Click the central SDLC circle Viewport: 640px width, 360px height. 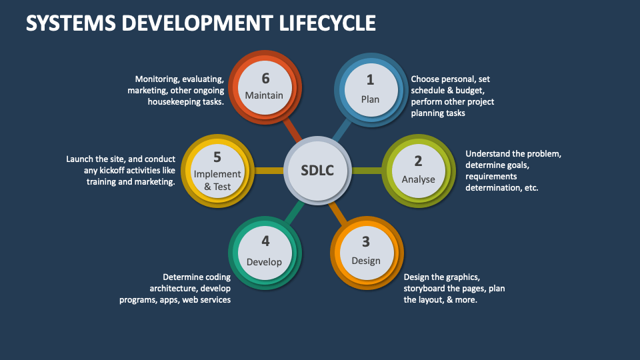pos(317,171)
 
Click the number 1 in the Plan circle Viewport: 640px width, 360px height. pos(370,80)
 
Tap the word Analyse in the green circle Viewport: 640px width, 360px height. pos(418,179)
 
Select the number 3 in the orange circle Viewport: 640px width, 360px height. pos(365,242)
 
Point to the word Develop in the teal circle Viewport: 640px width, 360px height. pos(265,261)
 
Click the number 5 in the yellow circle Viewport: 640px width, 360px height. pos(217,157)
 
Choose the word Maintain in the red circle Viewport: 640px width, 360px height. pos(264,95)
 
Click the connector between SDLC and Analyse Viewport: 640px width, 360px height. pos(366,171)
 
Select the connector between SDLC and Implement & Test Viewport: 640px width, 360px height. pos(269,171)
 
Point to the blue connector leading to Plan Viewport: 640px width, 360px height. pos(343,131)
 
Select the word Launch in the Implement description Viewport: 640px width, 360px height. pos(80,159)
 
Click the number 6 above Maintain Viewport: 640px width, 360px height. pos(265,79)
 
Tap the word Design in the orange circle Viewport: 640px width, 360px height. pos(365,260)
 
